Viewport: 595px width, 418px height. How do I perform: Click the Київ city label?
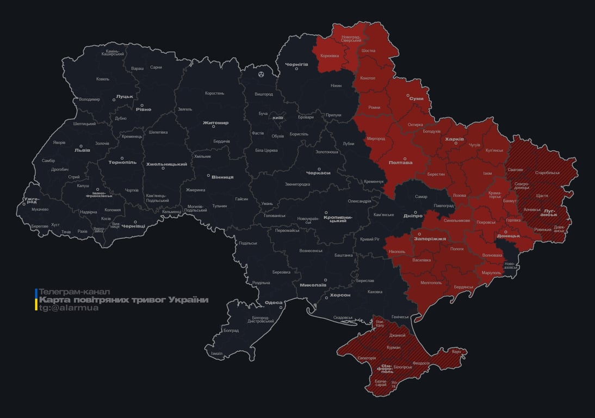click(278, 118)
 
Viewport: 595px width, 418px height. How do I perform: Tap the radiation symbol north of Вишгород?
click(262, 73)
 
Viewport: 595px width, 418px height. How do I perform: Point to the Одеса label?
click(273, 303)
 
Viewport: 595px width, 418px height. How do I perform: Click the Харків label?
click(455, 139)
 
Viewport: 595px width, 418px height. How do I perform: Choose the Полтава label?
click(400, 162)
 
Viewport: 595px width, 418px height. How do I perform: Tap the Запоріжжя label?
click(430, 238)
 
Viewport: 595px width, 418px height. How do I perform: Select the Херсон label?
click(340, 295)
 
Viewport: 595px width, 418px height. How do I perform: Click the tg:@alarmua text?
click(69, 308)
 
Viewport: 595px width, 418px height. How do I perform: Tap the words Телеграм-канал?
click(75, 292)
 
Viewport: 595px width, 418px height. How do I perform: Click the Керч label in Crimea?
click(456, 352)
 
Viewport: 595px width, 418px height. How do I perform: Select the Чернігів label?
click(296, 64)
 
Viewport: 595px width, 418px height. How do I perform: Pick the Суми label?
click(416, 99)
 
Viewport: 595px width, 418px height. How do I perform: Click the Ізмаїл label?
click(216, 353)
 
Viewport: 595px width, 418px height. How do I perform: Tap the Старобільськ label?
click(547, 173)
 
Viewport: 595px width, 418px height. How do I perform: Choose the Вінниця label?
click(222, 177)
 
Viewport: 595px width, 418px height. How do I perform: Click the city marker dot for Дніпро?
click(415, 212)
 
